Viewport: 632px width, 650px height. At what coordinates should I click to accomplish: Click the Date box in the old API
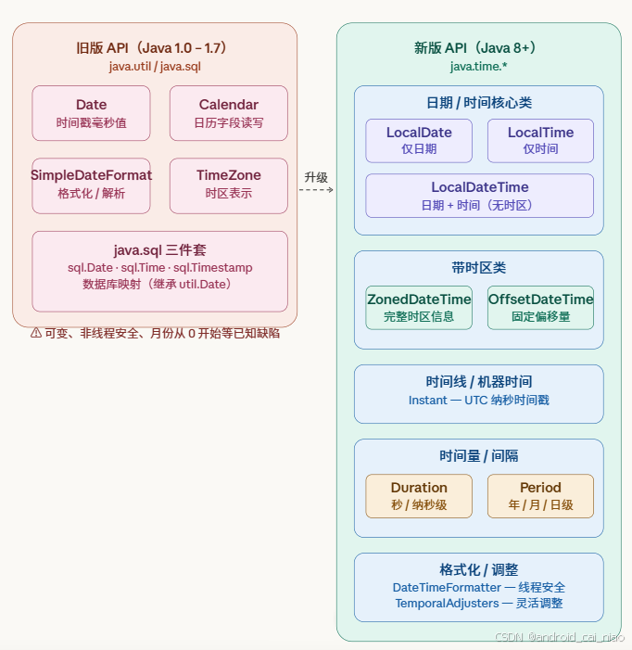click(x=91, y=113)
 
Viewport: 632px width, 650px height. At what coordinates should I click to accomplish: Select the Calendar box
click(x=228, y=113)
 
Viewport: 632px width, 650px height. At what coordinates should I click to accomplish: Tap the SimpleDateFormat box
click(x=91, y=184)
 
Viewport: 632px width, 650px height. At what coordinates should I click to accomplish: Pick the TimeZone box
click(x=228, y=184)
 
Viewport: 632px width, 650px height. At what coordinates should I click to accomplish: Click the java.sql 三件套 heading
click(x=159, y=250)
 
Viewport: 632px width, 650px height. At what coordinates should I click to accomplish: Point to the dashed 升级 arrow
click(x=316, y=189)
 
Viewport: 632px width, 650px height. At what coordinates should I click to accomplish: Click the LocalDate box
click(x=419, y=140)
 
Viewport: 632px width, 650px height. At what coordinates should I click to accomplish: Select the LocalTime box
click(x=540, y=140)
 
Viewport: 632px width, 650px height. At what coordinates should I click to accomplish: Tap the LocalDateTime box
click(x=479, y=196)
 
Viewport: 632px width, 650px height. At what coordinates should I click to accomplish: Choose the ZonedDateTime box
click(x=419, y=307)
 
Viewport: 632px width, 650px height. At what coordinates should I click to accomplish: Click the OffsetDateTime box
click(x=540, y=307)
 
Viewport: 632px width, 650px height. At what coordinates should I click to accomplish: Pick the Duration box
click(x=419, y=495)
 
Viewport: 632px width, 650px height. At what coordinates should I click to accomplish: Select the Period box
click(x=540, y=495)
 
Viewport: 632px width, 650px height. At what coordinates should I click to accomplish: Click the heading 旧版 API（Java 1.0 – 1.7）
click(x=154, y=48)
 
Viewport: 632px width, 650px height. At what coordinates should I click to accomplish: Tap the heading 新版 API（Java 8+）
click(x=478, y=48)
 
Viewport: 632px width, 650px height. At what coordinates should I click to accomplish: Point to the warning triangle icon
click(x=35, y=333)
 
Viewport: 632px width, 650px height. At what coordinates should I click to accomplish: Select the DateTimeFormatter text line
click(x=478, y=588)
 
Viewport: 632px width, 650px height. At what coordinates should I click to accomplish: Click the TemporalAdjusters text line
click(x=478, y=604)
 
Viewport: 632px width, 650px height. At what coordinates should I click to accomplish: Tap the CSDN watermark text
click(x=559, y=638)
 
